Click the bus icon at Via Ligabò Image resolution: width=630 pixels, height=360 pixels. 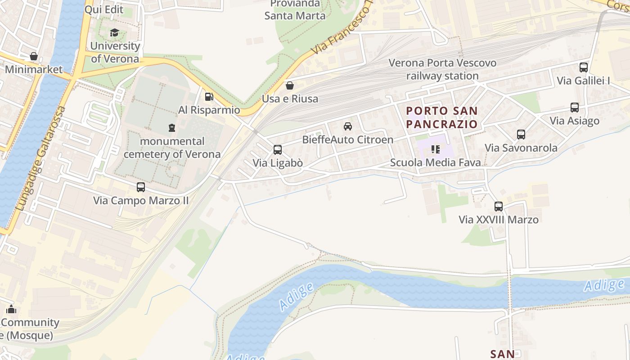coord(278,150)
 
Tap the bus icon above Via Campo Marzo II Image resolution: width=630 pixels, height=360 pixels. coord(141,187)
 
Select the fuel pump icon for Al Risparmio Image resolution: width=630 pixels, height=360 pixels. coord(209,97)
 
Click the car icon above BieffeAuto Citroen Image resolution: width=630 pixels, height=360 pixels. coord(347,126)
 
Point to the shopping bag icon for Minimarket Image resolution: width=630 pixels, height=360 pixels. coord(33,57)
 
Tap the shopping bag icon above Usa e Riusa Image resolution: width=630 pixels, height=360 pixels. coord(290,85)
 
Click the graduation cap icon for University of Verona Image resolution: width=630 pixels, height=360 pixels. coord(114,33)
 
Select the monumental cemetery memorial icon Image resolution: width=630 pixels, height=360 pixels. coord(171,128)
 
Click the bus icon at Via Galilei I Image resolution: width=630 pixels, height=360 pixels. coord(583,67)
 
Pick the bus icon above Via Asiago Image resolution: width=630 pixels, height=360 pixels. coord(575,108)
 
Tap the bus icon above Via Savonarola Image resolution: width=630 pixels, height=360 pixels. coord(521,135)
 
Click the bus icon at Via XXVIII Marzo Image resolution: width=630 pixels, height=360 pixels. coord(498,207)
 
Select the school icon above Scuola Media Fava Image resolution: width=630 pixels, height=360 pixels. coord(435,149)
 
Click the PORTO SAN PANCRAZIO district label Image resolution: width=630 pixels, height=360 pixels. coord(441,117)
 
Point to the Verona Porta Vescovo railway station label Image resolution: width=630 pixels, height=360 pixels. coord(442,69)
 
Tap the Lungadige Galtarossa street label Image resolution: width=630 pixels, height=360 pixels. coord(40,159)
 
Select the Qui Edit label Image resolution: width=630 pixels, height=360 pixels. coord(104,9)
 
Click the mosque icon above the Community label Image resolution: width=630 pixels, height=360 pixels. coord(11,309)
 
